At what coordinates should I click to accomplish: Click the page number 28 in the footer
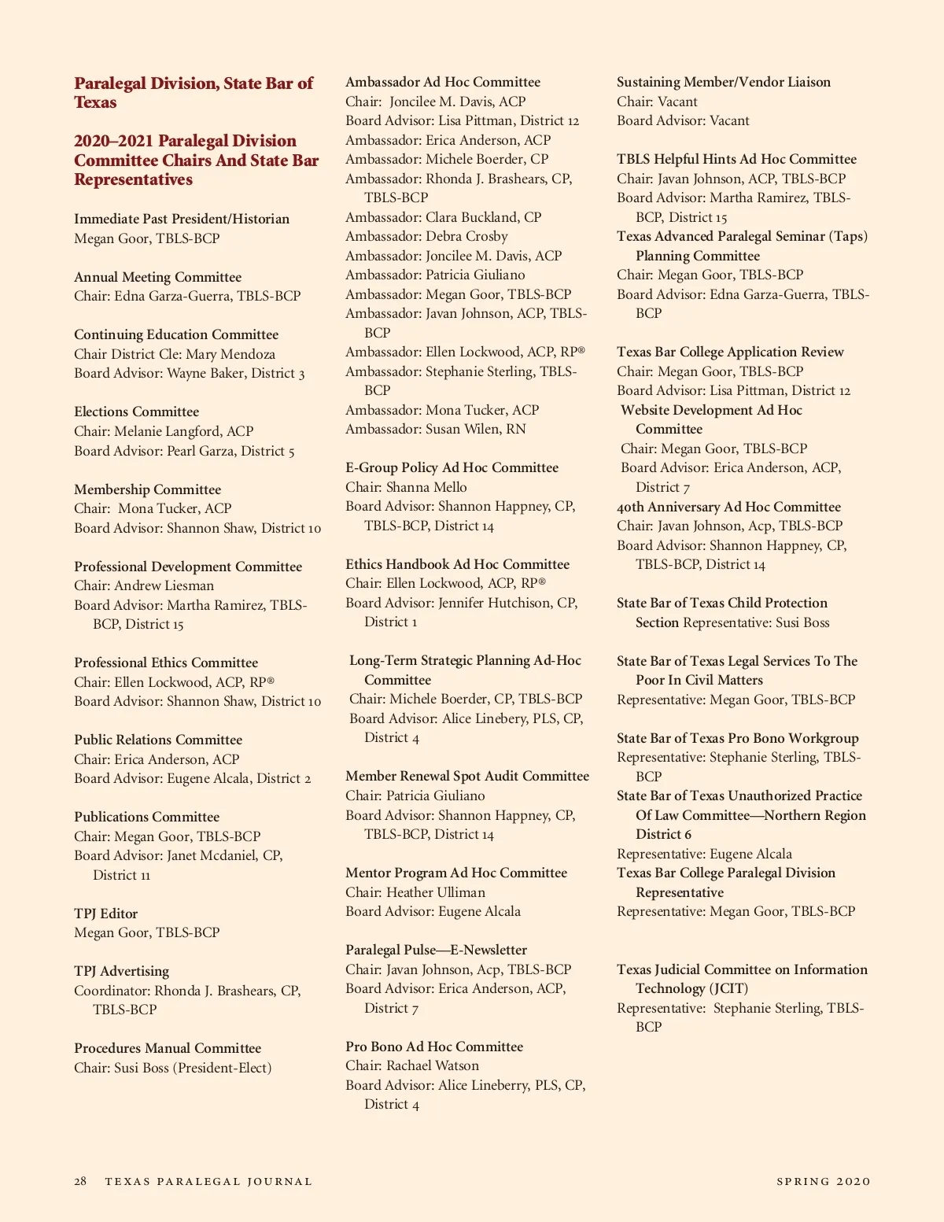(x=80, y=1181)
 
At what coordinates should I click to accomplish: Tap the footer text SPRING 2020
(x=824, y=1181)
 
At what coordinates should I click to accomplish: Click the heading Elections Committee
(x=136, y=412)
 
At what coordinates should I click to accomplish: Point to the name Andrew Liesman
(x=164, y=585)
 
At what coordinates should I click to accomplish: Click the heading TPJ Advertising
(x=121, y=971)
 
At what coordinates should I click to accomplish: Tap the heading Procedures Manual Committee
(x=168, y=1048)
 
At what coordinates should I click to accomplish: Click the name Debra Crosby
(x=466, y=236)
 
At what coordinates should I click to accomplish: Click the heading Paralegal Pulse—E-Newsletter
(x=436, y=950)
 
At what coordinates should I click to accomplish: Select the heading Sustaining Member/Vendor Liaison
(x=723, y=82)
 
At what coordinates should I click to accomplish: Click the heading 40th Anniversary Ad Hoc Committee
(x=728, y=507)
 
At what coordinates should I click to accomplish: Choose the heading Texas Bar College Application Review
(x=730, y=352)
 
